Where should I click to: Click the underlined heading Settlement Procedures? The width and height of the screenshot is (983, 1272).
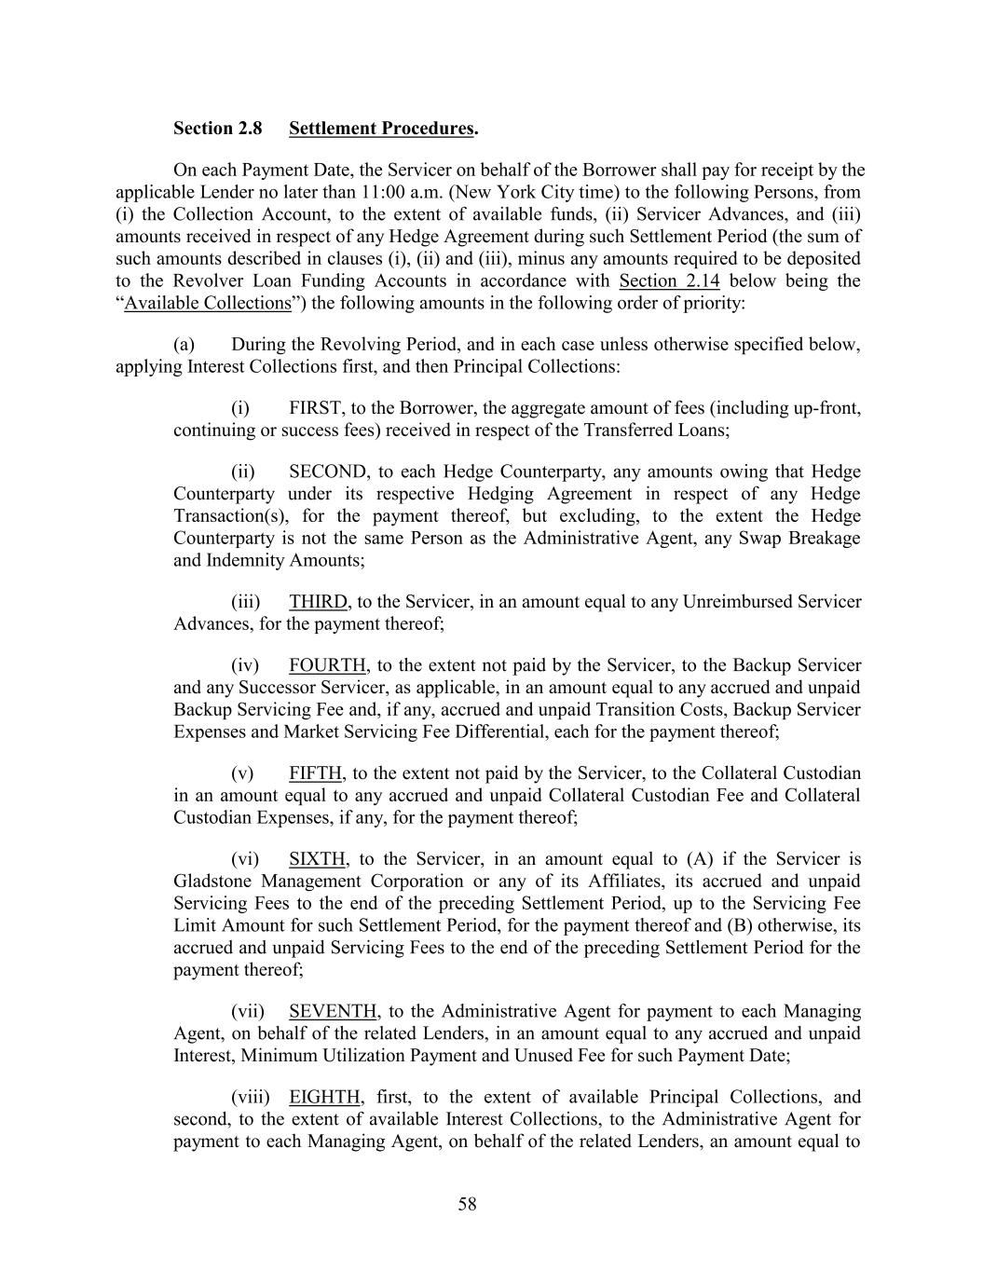[x=381, y=129]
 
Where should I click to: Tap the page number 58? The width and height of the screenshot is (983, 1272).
[x=467, y=1205]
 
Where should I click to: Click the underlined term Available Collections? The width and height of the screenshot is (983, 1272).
[x=208, y=303]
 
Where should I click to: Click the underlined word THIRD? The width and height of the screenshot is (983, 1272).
[x=318, y=602]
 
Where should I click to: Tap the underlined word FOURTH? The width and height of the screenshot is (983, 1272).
[x=327, y=665]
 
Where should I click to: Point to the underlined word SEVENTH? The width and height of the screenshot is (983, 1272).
[x=333, y=1012]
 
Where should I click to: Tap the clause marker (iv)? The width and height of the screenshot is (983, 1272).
[x=245, y=665]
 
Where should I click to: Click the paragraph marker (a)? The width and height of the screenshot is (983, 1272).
[x=184, y=345]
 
